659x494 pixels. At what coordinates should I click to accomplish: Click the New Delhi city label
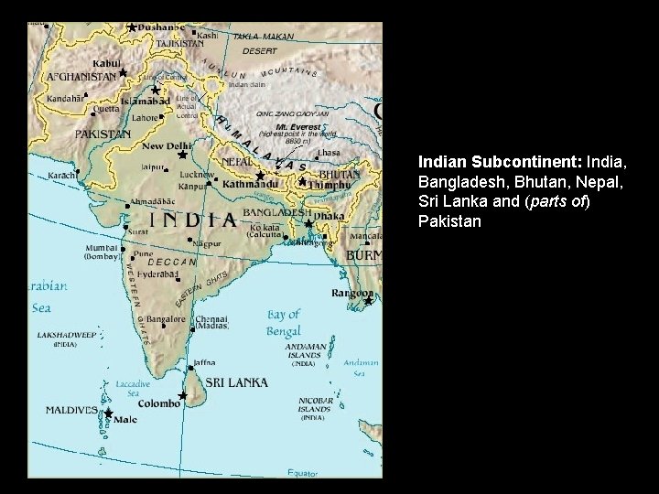[x=167, y=145]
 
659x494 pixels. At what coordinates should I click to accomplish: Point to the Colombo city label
[x=161, y=403]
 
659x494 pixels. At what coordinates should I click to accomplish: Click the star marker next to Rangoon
[x=368, y=301]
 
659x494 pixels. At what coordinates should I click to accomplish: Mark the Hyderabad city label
[x=157, y=274]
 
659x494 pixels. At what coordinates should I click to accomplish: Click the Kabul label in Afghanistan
[x=107, y=63]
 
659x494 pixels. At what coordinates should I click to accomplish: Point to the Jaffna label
[x=204, y=362]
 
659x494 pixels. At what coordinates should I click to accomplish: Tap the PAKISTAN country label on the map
[x=103, y=134]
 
